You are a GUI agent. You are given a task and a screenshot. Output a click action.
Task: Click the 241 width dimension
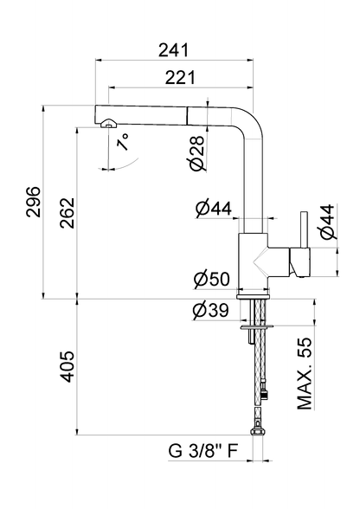pyautogui.click(x=173, y=50)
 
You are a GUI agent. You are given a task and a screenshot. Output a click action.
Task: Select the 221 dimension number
pyautogui.click(x=180, y=78)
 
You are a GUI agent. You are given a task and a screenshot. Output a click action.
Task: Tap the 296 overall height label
pyautogui.click(x=34, y=202)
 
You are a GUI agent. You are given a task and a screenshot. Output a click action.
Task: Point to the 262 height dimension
pyautogui.click(x=67, y=213)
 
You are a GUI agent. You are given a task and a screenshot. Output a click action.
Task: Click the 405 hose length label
pyautogui.click(x=67, y=366)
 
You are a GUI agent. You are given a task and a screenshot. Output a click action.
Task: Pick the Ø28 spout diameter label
pyautogui.click(x=197, y=153)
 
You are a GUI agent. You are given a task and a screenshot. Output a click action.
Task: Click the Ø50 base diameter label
pyautogui.click(x=212, y=279)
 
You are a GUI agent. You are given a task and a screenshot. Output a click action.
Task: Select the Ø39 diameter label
pyautogui.click(x=210, y=310)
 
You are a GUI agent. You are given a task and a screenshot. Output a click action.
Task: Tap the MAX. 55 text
pyautogui.click(x=305, y=374)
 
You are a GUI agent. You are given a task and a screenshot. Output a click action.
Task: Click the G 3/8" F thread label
pyautogui.click(x=203, y=451)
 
